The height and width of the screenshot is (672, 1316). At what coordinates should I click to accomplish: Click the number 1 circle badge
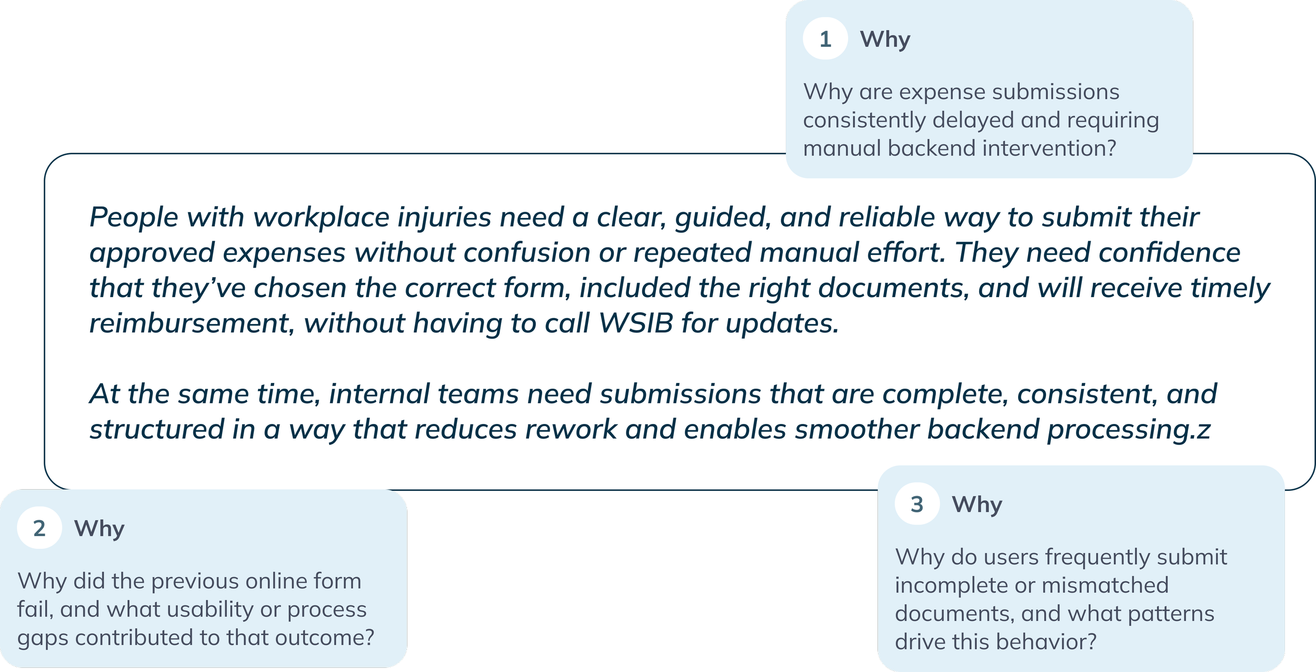pos(825,39)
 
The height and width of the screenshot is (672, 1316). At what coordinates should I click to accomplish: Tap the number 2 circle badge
pos(39,528)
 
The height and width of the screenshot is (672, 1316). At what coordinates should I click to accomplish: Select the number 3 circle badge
pos(917,504)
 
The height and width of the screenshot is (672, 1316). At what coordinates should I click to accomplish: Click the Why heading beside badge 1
pos(885,39)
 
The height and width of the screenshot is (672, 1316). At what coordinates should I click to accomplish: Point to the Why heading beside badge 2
pos(99,529)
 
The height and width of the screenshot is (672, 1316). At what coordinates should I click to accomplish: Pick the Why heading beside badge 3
pos(977,505)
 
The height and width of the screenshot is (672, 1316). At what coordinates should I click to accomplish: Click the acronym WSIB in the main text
pos(636,323)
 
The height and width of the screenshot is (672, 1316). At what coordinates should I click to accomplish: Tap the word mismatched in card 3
pos(1105,585)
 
